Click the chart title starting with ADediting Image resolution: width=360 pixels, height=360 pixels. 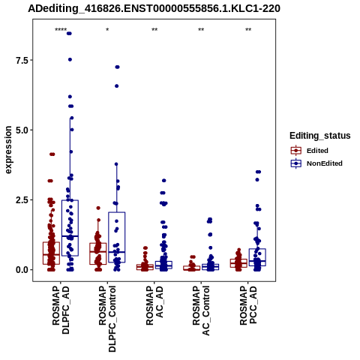(x=154, y=9)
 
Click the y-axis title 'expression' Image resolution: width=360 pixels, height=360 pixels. (x=8, y=150)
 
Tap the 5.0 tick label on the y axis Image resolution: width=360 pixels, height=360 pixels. (x=22, y=130)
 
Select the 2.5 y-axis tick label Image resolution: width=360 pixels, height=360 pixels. (x=22, y=200)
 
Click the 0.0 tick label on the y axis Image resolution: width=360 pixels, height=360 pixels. (x=22, y=270)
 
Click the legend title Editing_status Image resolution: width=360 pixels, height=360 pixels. (x=320, y=136)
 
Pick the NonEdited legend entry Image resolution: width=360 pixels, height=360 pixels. (x=316, y=163)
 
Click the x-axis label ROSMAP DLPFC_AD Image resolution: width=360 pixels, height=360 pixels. (x=61, y=310)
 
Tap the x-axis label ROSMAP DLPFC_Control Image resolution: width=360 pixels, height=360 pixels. (x=107, y=319)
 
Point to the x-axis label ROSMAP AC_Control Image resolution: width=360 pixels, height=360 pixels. (x=201, y=310)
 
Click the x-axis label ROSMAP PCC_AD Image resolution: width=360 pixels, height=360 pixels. (x=248, y=305)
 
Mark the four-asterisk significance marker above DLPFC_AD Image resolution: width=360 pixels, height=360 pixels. (x=61, y=30)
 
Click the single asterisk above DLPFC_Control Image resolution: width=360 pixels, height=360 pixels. (x=107, y=30)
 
